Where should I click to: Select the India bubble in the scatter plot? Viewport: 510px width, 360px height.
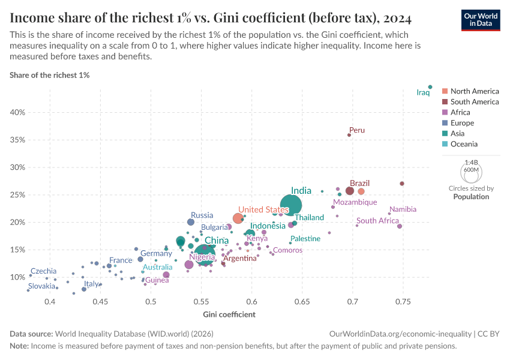click(291, 206)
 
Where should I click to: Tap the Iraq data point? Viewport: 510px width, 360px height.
click(430, 87)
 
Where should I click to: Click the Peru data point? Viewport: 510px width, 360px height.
click(349, 135)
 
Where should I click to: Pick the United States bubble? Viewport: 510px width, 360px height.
click(238, 218)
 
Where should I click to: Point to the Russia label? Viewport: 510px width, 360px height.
click(202, 215)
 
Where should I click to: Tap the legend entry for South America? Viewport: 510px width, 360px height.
click(475, 102)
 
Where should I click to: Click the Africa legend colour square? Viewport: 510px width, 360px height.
click(445, 112)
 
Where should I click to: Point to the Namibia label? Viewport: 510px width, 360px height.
click(403, 209)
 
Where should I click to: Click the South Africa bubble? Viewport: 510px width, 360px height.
click(400, 226)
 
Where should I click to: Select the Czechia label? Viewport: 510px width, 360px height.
click(43, 271)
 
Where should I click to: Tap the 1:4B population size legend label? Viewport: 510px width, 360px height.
click(472, 163)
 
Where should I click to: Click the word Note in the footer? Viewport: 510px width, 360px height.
click(19, 346)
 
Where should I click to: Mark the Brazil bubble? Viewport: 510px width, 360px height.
click(350, 191)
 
